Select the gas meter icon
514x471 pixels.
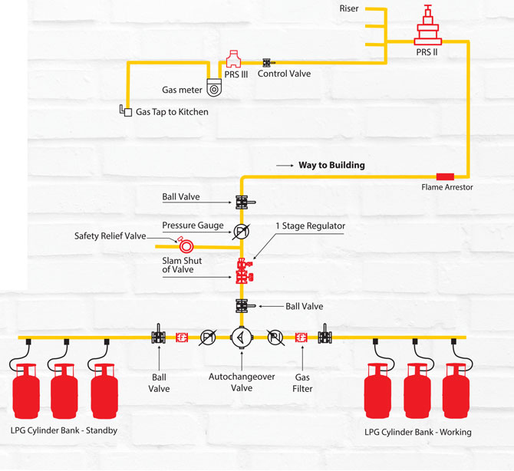pos(214,88)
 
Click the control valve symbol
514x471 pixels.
pos(268,62)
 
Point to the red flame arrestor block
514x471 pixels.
pos(445,177)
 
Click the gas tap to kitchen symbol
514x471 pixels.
pos(125,110)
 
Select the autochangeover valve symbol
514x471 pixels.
pos(241,337)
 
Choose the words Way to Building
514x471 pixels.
pos(331,165)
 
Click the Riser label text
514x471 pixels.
pos(348,8)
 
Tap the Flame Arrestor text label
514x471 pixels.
pos(446,187)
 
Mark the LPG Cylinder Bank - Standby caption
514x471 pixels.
pos(64,430)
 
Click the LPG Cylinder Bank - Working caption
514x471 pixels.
pos(418,432)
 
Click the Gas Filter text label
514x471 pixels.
pos(303,383)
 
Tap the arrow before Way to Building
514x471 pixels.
pos(285,165)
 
